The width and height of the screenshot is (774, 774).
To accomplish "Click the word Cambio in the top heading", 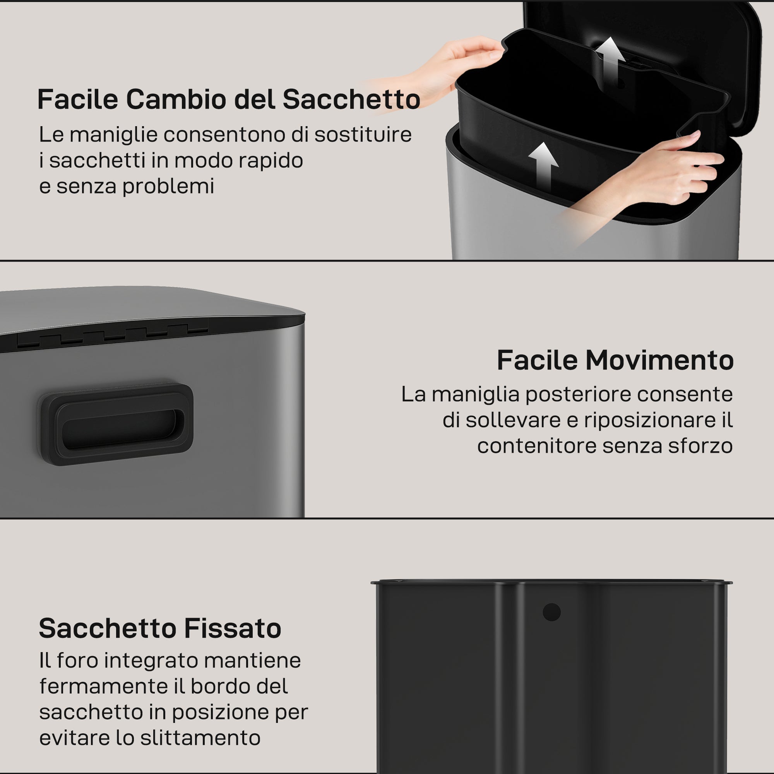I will pos(176,99).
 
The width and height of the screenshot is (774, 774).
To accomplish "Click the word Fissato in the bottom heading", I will pos(233,628).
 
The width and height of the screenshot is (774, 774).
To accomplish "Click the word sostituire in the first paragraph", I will pos(363,135).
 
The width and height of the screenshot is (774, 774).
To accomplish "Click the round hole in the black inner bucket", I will pos(551,612).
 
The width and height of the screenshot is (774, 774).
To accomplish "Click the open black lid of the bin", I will pos(681,48).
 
